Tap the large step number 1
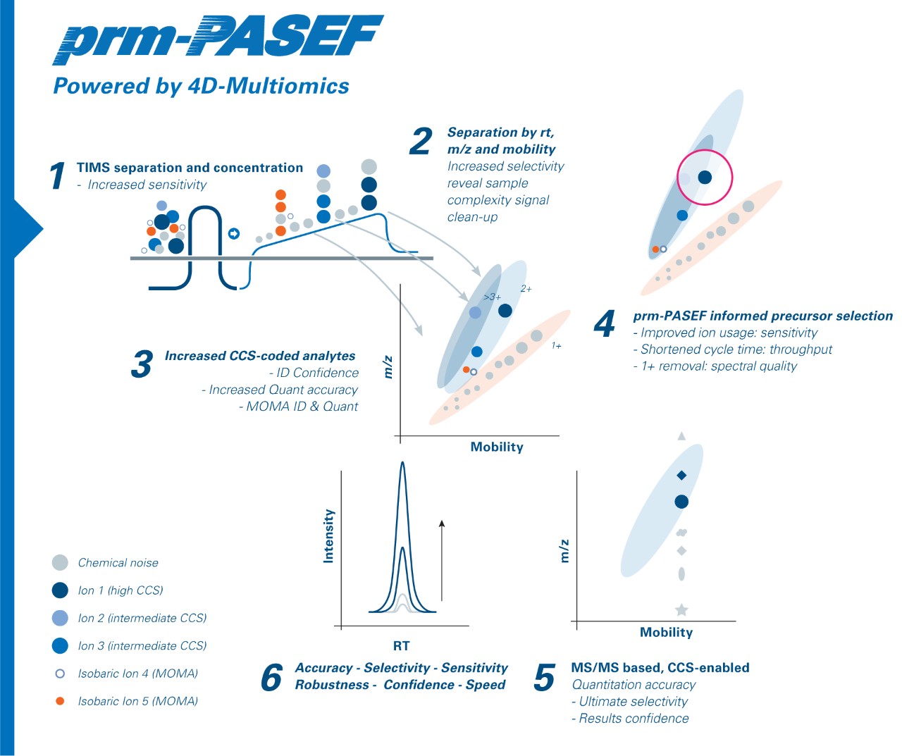58,175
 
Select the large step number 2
421,141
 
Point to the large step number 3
142,364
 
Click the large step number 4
605,324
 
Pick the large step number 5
545,678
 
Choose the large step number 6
271,678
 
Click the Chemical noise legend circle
60,562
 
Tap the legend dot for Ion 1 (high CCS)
60,590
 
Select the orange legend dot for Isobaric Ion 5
60,701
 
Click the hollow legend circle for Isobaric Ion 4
60,674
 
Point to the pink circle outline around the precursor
705,151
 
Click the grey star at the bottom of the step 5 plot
681,610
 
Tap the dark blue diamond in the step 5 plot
681,476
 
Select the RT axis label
401,645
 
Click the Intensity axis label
328,536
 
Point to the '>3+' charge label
492,297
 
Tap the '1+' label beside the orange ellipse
557,346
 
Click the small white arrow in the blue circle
234,234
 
